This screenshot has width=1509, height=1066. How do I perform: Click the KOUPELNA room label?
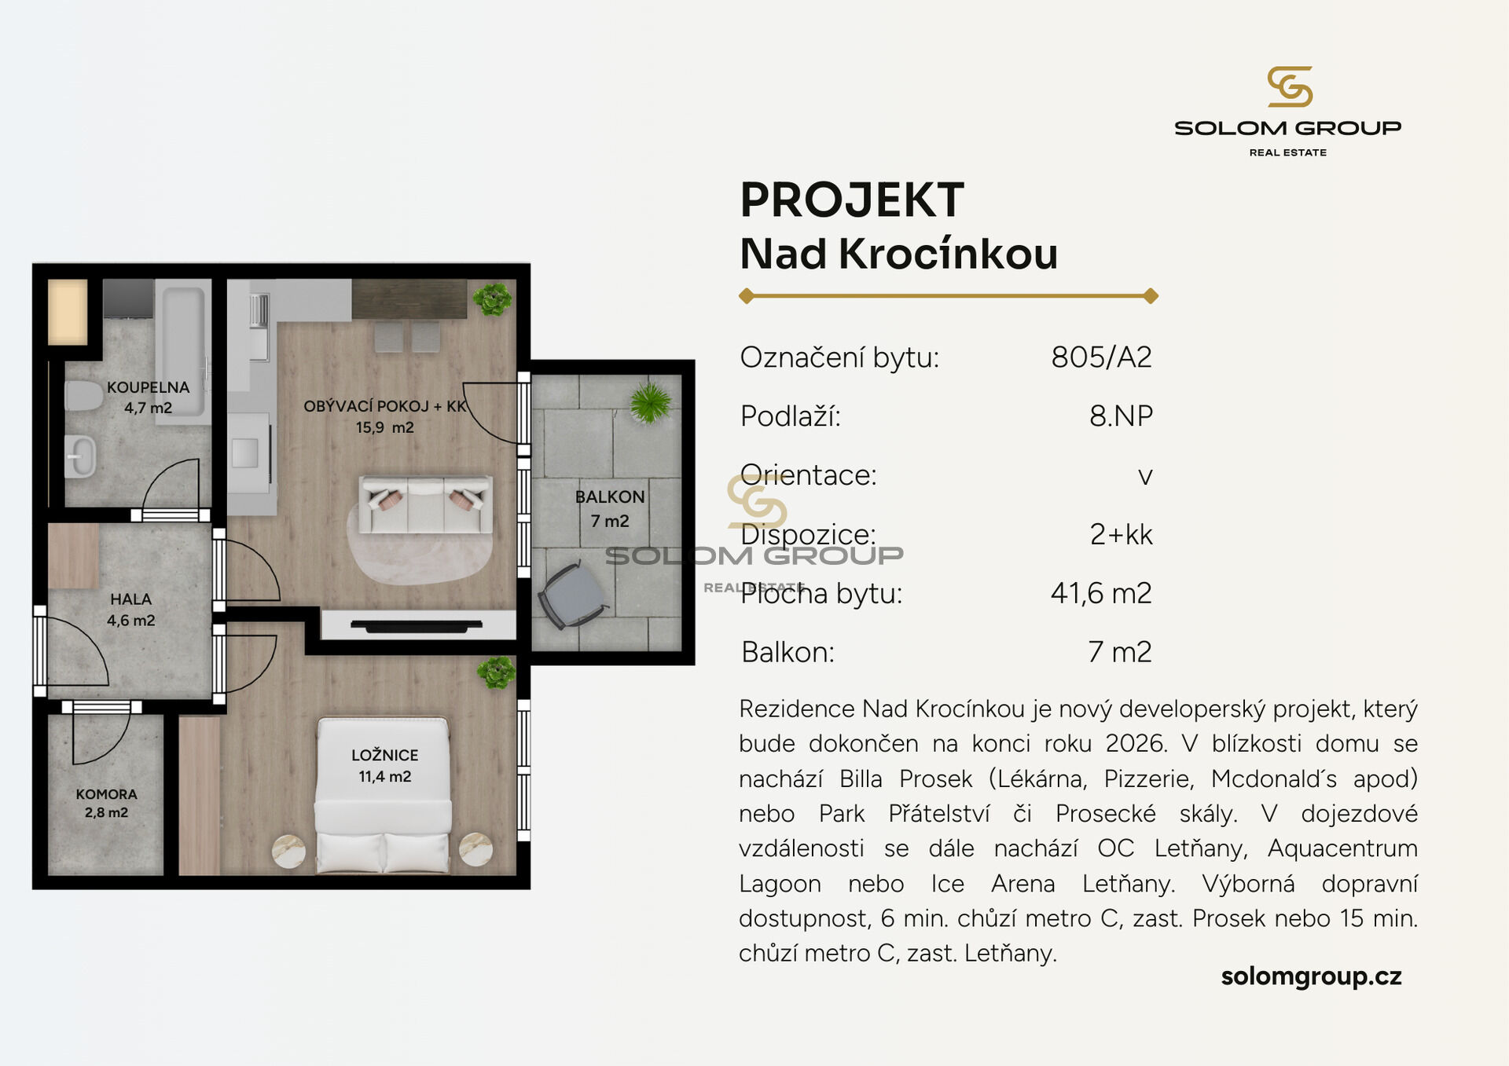point(148,387)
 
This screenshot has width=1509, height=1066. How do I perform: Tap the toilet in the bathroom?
point(83,396)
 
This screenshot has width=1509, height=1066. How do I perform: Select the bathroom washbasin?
point(80,456)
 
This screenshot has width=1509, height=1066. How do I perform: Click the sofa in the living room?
point(425,504)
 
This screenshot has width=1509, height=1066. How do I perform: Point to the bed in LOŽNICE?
point(383,795)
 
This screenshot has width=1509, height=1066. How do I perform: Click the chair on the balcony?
point(573,595)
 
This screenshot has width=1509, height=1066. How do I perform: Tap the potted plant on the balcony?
point(650,402)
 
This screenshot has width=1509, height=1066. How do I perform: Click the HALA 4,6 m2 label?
point(130,610)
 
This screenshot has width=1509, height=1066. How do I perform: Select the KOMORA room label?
point(106,794)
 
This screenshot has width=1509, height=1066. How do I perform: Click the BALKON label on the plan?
point(610,497)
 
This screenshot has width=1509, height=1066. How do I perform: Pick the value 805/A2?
point(1101,357)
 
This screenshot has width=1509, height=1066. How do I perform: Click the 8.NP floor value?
point(1121,416)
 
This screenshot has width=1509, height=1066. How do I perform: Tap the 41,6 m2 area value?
point(1101,593)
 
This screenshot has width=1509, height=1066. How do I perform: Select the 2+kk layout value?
point(1121,534)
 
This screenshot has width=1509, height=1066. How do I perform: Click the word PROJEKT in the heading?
point(852,200)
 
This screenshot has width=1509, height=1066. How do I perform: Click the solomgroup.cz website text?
point(1311,976)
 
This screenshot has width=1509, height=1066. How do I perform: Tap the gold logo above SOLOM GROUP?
point(1290,86)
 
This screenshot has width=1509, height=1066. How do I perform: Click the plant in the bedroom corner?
point(497,673)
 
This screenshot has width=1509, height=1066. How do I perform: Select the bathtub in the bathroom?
point(183,350)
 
